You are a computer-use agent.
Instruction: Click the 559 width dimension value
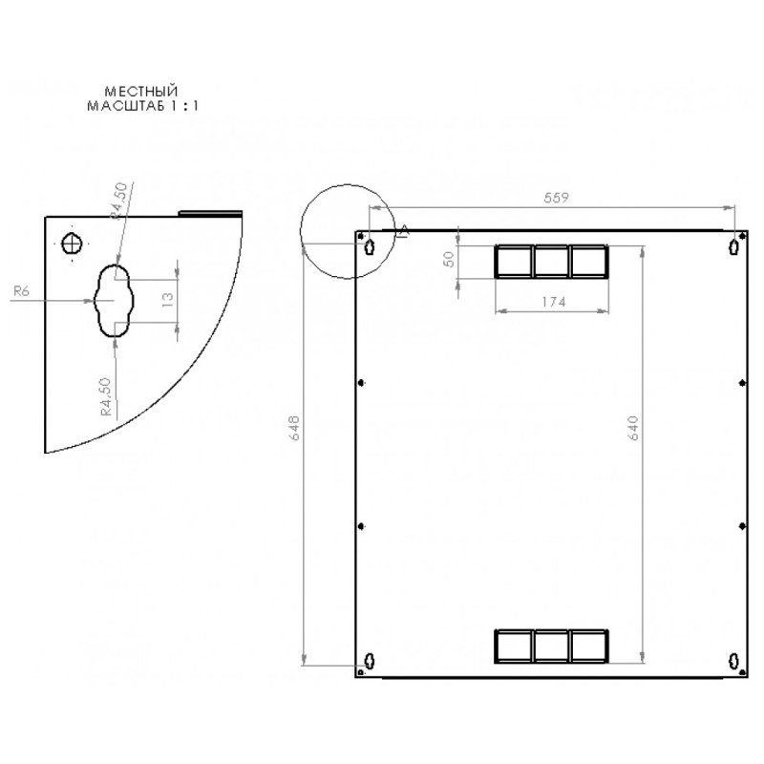click(x=556, y=198)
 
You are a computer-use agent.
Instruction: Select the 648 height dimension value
click(x=294, y=428)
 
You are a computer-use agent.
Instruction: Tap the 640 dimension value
click(x=633, y=428)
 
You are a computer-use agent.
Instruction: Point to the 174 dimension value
click(x=554, y=303)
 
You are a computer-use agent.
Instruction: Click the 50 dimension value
click(x=449, y=259)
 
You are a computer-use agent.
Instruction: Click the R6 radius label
click(x=21, y=291)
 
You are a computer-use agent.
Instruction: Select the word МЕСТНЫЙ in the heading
click(x=141, y=91)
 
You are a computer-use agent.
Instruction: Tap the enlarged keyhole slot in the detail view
click(x=114, y=301)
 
